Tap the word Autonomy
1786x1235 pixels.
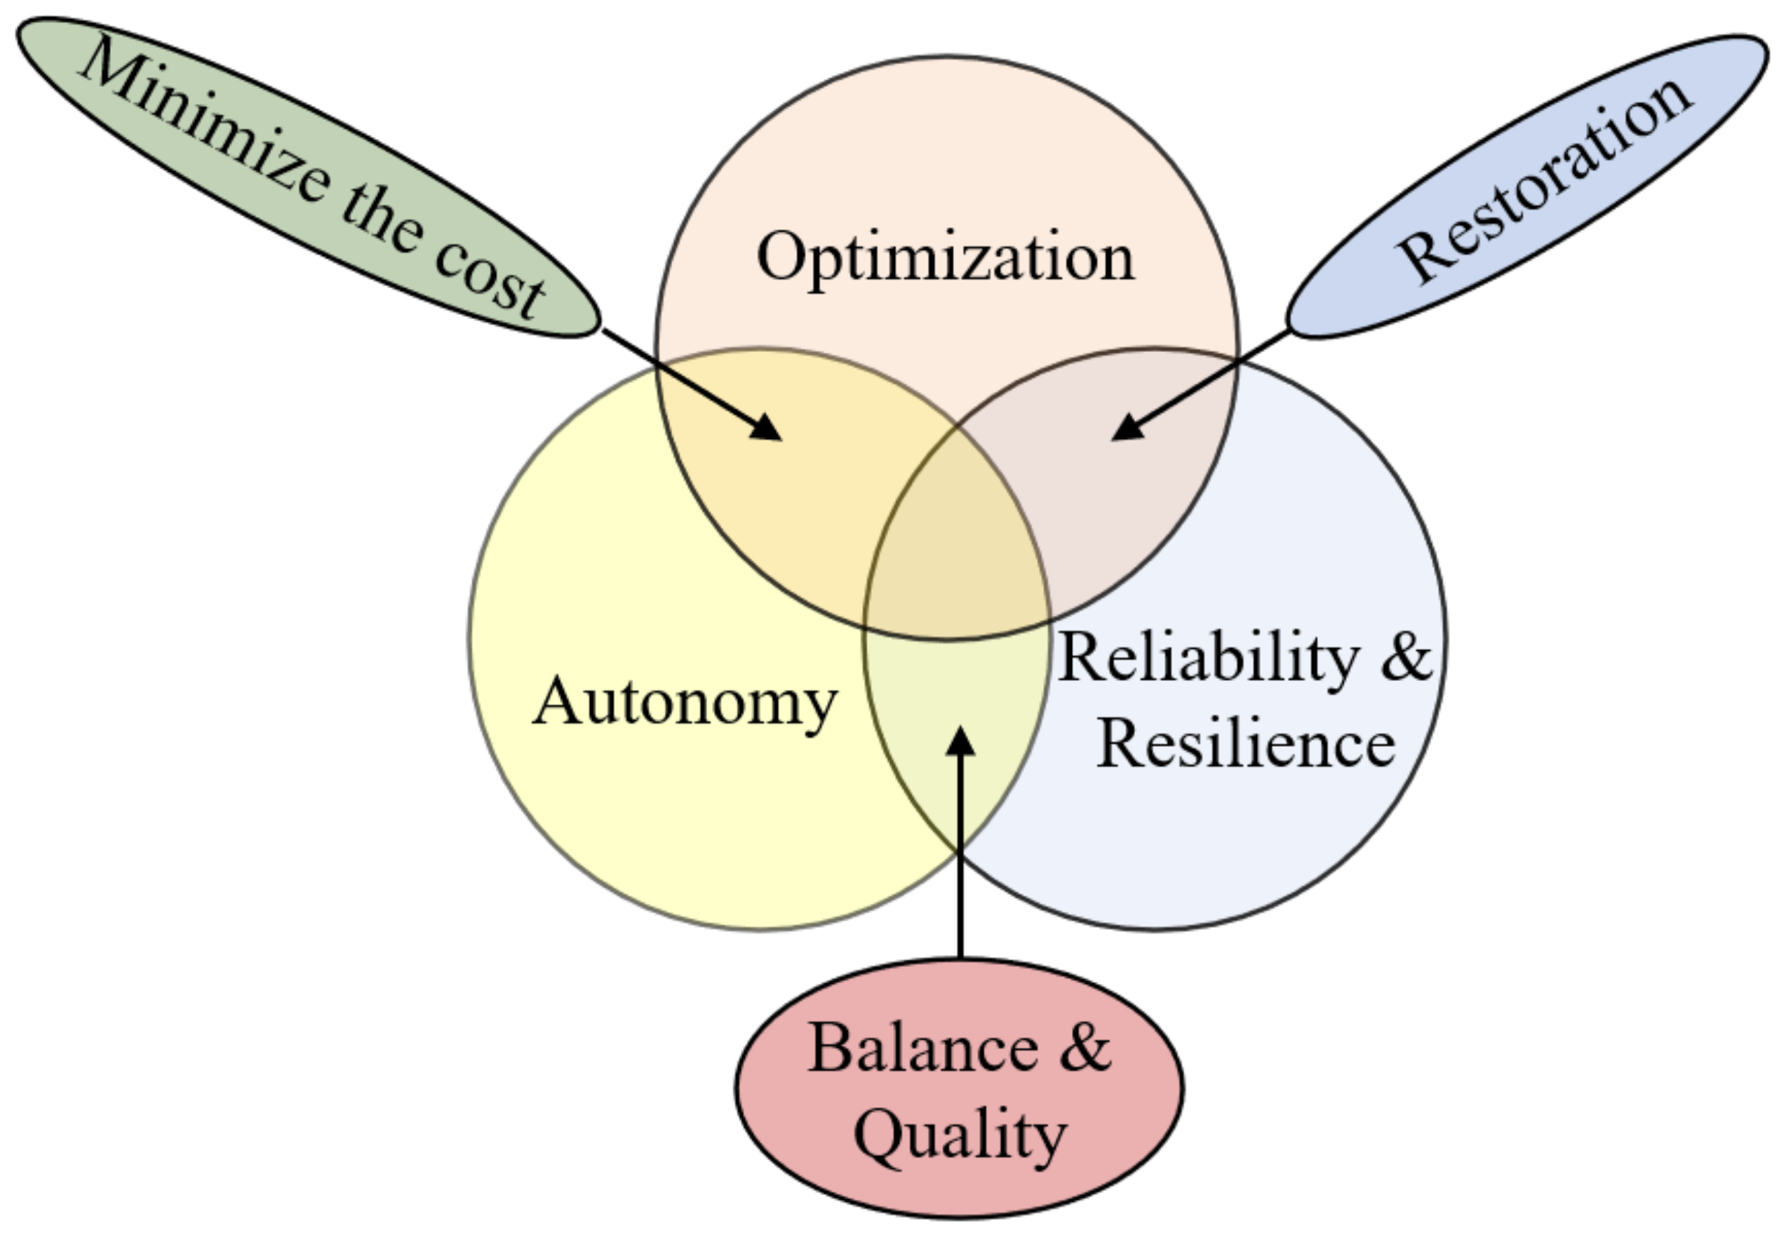(685, 703)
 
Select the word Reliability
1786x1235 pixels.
(1207, 658)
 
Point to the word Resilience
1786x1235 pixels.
(1246, 744)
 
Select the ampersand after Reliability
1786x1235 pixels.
(1406, 658)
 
